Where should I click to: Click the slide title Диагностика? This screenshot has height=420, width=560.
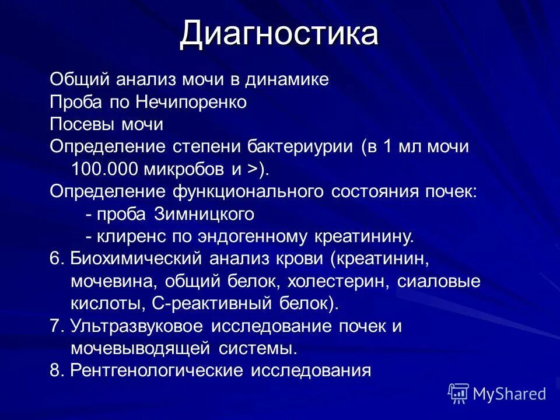coord(279,34)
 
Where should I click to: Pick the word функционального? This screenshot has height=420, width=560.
coord(251,191)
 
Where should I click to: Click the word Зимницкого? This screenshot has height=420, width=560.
coord(204,214)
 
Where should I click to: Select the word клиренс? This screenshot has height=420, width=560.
coord(128,236)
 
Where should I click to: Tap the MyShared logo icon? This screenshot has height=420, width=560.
coord(458,393)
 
